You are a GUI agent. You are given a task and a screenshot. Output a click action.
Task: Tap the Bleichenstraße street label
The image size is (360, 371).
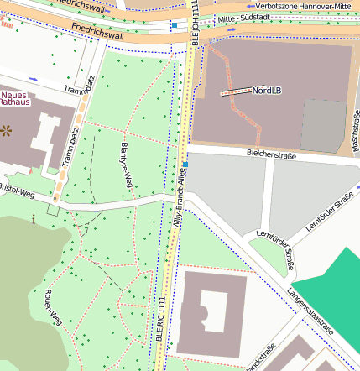click(x=273, y=153)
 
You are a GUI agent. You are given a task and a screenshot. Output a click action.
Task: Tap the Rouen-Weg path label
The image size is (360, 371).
click(x=52, y=306)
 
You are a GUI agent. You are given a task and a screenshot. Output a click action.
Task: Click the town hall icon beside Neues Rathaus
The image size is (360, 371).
click(x=8, y=130)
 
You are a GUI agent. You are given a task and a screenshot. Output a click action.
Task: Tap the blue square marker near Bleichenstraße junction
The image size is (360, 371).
click(x=184, y=165)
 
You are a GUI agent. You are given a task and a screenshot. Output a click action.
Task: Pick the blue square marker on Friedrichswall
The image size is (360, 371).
click(x=174, y=26)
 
